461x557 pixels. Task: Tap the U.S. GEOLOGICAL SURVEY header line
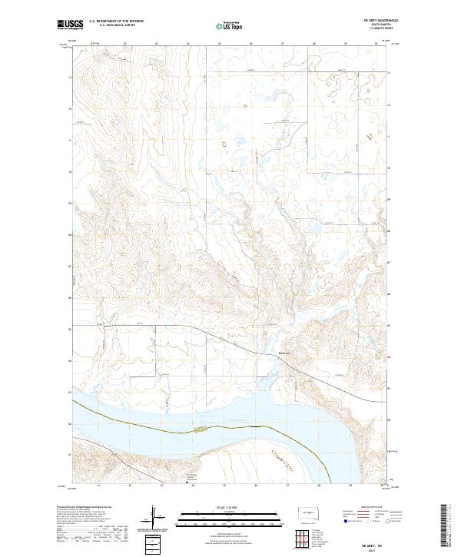(x=113, y=26)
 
